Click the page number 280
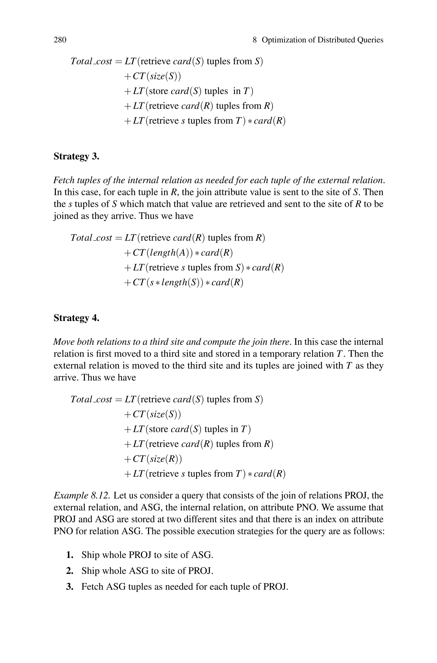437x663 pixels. (60, 40)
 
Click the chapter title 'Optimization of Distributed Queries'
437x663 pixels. (322, 40)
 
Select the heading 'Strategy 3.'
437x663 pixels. (76, 157)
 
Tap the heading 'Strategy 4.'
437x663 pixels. (76, 318)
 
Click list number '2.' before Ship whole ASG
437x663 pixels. (70, 571)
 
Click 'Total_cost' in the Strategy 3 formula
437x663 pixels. (91, 238)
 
